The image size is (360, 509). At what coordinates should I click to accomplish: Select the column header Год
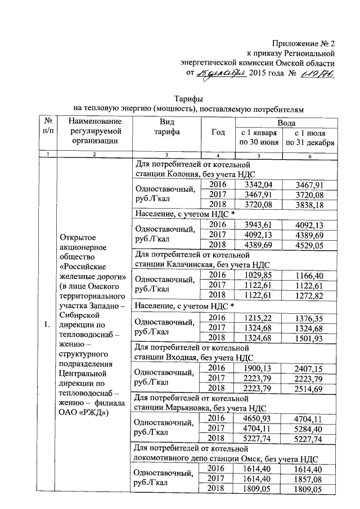click(218, 132)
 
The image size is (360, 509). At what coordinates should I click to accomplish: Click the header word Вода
click(286, 122)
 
